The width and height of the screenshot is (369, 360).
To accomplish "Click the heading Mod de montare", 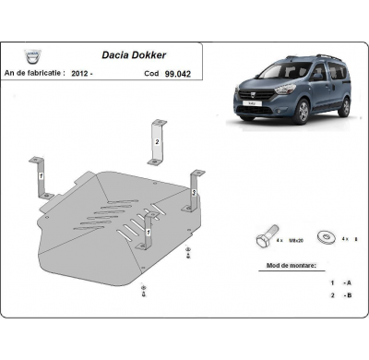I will (286, 264).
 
